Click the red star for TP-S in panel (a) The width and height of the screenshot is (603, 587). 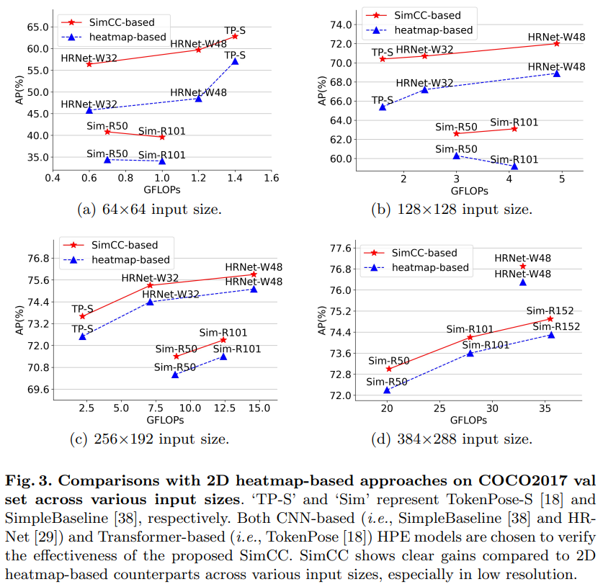(235, 36)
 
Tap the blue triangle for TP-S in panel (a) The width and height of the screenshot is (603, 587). (235, 62)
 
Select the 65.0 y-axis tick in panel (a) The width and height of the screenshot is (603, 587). (36, 27)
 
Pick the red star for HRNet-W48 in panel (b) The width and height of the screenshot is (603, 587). (556, 43)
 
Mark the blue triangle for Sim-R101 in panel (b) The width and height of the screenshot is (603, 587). (514, 166)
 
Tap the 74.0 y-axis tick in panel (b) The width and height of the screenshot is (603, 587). (340, 24)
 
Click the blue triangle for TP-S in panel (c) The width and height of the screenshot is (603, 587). (82, 336)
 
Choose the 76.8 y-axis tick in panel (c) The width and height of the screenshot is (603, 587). (36, 258)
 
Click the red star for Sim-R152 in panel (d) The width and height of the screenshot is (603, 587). (550, 318)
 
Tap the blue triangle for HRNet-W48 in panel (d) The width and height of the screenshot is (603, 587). (523, 282)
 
